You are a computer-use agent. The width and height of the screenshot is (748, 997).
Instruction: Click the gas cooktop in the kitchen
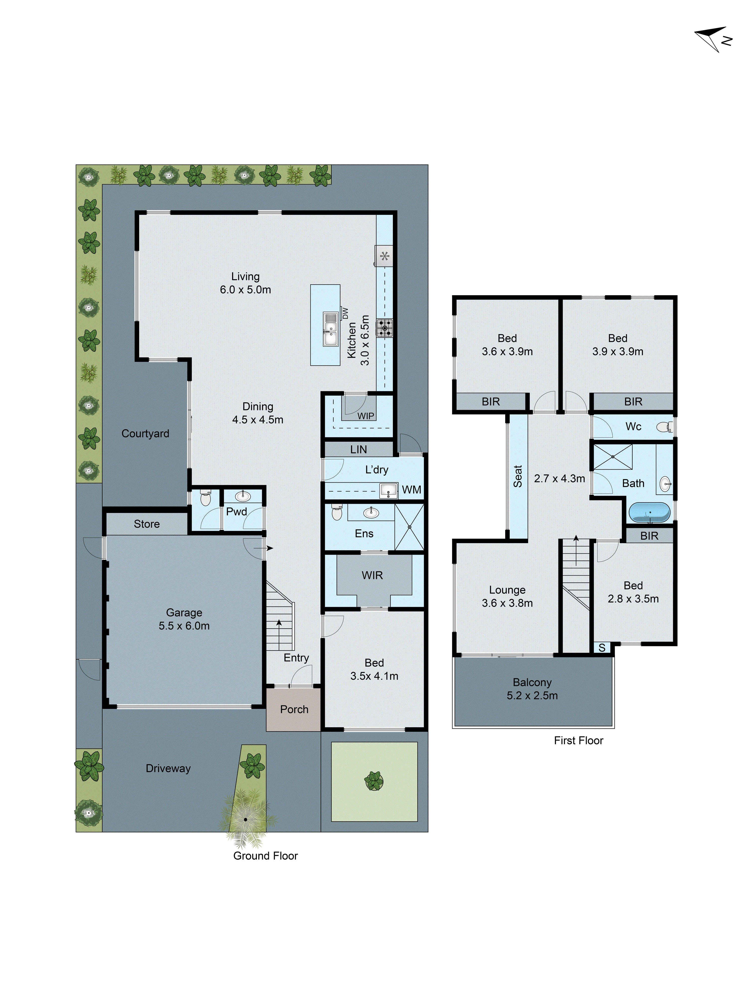384,328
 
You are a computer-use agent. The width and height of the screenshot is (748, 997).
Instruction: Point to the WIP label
366,416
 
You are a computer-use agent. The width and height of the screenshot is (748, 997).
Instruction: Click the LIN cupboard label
359,449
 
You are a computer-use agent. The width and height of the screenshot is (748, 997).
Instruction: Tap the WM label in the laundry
411,490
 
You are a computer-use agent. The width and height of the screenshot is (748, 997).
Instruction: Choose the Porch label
294,709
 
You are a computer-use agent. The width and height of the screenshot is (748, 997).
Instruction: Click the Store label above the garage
147,524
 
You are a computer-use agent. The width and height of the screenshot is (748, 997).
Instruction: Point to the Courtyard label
145,434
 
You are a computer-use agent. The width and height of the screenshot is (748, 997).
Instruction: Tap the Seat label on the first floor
518,476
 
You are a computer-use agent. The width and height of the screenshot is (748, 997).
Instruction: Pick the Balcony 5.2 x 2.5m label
532,689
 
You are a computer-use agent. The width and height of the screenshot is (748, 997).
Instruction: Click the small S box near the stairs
602,648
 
